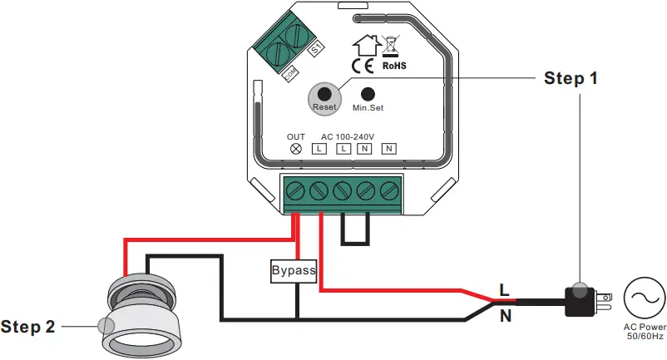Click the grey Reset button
[x=324, y=95]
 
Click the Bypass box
[x=294, y=271]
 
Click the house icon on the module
[x=363, y=44]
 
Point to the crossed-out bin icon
[x=392, y=44]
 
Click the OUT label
[x=296, y=136]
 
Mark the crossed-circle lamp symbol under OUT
[x=295, y=149]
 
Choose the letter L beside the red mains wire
[x=504, y=289]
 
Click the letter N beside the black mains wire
[x=505, y=316]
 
